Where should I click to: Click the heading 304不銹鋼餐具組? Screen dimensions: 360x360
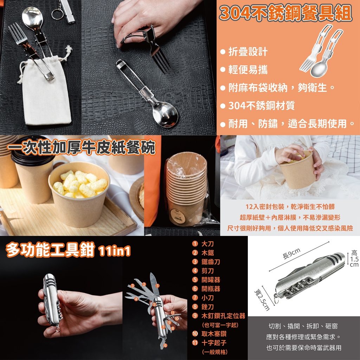point(285,13)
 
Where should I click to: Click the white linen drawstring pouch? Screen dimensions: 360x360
point(46,92)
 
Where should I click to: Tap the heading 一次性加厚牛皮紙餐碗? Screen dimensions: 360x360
point(82,147)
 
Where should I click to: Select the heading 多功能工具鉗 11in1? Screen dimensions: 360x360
point(69,250)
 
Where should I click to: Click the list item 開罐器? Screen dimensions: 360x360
point(211,279)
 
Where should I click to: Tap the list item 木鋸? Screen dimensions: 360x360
point(207,253)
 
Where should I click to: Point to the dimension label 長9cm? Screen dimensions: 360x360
point(291,253)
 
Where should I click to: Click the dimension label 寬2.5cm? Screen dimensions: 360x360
point(262,300)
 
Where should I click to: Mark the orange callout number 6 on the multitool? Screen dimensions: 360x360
point(165,345)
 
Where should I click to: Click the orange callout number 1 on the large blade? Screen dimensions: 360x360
point(157,285)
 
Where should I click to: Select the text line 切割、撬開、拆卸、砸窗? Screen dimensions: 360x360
point(303,326)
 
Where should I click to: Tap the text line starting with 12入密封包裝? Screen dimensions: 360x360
point(290,207)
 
